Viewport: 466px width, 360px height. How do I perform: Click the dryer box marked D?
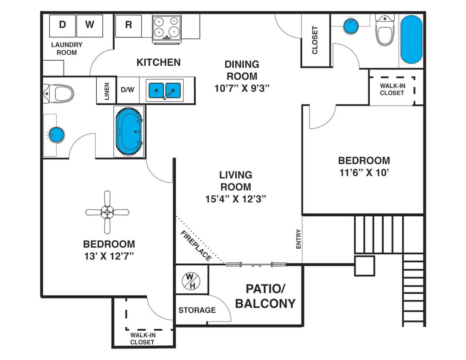tap(62, 25)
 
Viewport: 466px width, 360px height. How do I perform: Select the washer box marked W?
tap(89, 25)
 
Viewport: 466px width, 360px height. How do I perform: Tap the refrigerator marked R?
tap(128, 25)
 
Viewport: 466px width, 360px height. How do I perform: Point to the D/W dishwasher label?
tap(127, 90)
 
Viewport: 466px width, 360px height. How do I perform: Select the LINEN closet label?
tap(107, 90)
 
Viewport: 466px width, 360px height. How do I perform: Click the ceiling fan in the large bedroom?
tap(107, 212)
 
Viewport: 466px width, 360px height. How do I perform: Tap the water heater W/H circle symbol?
tap(190, 281)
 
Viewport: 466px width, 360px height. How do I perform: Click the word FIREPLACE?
tap(196, 246)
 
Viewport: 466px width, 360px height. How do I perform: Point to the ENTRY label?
tap(298, 239)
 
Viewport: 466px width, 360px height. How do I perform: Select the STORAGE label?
tap(197, 310)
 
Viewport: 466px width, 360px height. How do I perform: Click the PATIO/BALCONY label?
tap(265, 296)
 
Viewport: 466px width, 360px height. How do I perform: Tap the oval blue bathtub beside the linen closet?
tap(130, 131)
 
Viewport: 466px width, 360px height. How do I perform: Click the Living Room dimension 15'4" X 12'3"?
tap(236, 198)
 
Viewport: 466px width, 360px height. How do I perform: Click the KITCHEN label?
tap(158, 62)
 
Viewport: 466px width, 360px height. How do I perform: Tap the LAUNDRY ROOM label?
tap(67, 49)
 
